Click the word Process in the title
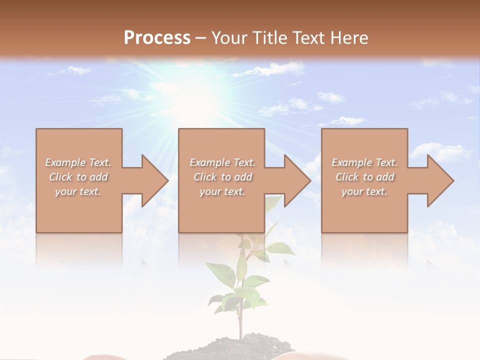point(157,37)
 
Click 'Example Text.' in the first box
point(78,162)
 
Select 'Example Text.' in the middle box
point(222,162)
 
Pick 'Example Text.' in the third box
point(364,162)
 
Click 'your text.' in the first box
point(78,191)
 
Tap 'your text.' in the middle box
point(222,191)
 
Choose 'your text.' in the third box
point(364,191)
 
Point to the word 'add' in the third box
point(384,177)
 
